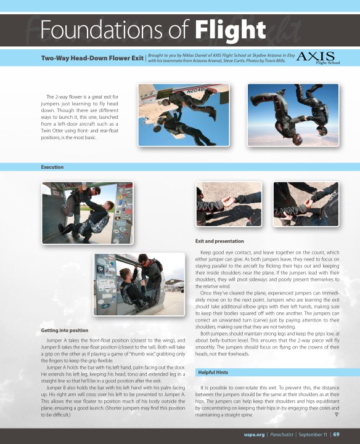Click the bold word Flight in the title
[230, 30]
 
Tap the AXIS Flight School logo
[317, 58]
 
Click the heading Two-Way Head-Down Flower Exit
[92, 58]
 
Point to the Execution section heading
[52, 167]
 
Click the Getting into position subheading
[65, 331]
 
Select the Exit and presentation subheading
[219, 241]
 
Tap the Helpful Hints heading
[213, 373]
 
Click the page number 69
[336, 434]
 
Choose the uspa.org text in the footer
[254, 435]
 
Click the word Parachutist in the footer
[282, 435]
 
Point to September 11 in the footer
[313, 435]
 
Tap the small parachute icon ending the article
[337, 414]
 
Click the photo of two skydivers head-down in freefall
[293, 115]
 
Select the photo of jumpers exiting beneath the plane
[184, 115]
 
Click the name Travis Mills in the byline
[275, 61]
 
